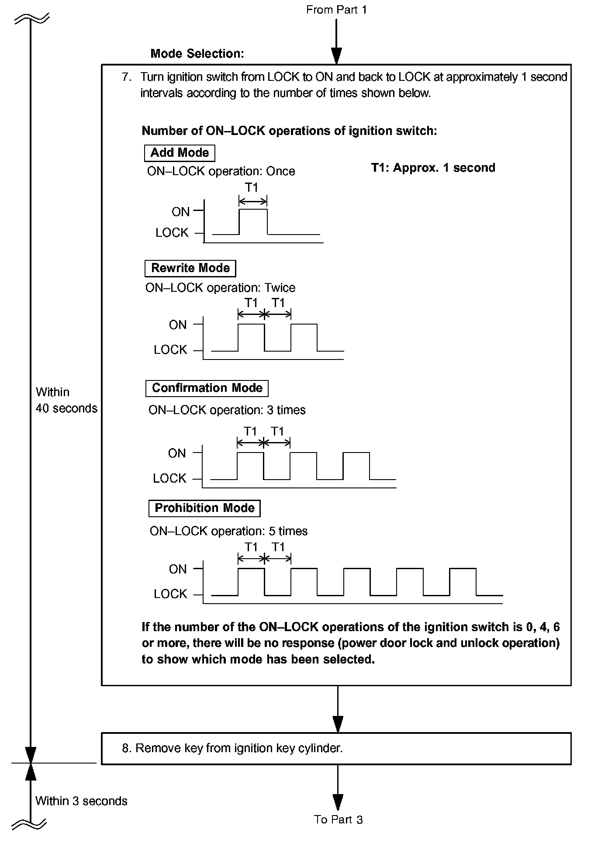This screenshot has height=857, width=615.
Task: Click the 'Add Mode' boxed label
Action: pos(180,153)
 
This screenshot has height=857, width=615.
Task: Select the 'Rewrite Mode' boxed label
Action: pos(190,268)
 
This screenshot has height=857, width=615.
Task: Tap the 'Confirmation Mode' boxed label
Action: pos(207,388)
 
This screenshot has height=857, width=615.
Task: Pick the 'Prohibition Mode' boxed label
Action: pos(204,508)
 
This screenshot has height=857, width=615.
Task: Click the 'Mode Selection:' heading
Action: pos(197,54)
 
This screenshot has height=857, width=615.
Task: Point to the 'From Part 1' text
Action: pos(336,10)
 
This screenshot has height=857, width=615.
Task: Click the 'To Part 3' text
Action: pos(338,819)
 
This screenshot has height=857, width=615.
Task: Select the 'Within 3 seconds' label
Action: pos(81,801)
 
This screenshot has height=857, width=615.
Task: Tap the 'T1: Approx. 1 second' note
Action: pos(433,168)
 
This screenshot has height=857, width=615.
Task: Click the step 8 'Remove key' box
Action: pos(336,749)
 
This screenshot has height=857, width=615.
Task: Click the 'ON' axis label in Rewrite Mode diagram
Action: pos(178,325)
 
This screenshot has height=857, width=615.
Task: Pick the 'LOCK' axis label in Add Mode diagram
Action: pos(172,233)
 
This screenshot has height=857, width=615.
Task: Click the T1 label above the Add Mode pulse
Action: pos(252,188)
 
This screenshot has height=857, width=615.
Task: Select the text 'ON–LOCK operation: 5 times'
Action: pos(228,532)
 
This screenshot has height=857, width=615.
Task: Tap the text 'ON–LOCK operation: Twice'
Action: pos(220,288)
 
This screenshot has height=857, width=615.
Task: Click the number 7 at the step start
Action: pos(126,77)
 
